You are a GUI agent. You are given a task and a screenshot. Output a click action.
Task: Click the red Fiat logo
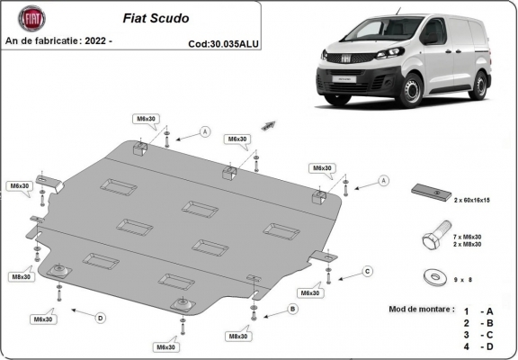pyautogui.click(x=27, y=20)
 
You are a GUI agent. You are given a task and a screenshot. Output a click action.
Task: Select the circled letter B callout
pyautogui.click(x=291, y=310)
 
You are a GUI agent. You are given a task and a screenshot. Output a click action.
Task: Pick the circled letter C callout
pyautogui.click(x=367, y=271)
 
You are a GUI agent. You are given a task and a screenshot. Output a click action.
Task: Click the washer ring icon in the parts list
pyautogui.click(x=433, y=278)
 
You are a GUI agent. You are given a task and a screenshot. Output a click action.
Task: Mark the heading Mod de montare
pyautogui.click(x=422, y=308)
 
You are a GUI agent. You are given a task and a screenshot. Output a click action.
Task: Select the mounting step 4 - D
pyautogui.click(x=478, y=346)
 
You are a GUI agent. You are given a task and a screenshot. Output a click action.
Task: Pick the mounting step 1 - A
pyautogui.click(x=478, y=309)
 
